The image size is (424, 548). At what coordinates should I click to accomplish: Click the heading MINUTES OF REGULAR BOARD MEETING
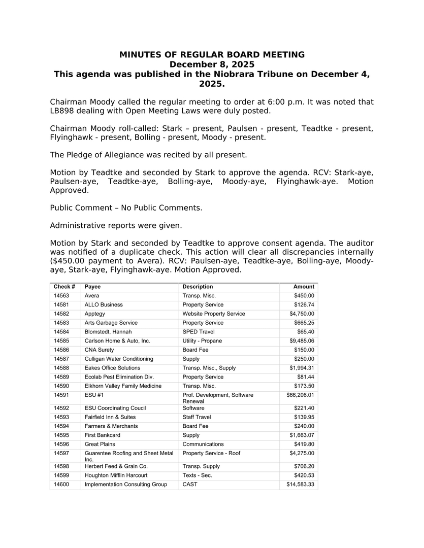coord(212,55)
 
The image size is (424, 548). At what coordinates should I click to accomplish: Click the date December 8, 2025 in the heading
coord(212,64)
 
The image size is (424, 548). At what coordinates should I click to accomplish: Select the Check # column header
coord(64,287)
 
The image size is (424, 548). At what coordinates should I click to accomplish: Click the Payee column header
coord(92,287)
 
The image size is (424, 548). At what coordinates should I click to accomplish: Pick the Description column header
coord(198,287)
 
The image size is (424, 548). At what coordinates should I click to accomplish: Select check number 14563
coord(61,296)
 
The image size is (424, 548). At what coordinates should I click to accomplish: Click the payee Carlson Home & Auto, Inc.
coord(117,341)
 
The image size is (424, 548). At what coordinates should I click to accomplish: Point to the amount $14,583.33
coord(299,485)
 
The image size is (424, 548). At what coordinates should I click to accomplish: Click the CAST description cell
coord(190,485)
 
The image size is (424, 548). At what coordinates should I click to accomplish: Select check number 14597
coord(61,453)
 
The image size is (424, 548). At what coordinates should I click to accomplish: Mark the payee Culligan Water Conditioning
coord(118,359)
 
